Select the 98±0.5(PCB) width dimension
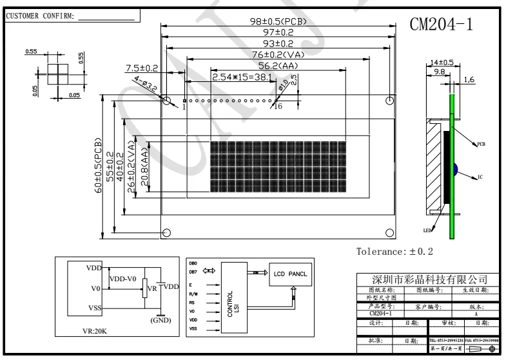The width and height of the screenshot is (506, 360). [278, 21]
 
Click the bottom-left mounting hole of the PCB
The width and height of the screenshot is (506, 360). [166, 233]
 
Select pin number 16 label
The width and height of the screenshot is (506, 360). [278, 106]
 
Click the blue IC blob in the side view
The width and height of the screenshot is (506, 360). [454, 170]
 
